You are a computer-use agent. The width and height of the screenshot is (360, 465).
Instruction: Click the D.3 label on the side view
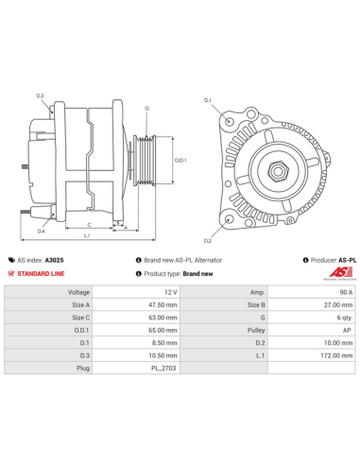click(40, 96)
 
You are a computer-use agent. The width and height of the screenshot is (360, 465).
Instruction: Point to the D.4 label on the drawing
click(41, 231)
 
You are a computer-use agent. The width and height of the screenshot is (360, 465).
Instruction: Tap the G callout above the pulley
click(146, 108)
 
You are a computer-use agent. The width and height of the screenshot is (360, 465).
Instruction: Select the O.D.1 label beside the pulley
click(180, 160)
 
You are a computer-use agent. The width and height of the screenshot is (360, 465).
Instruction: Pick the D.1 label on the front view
click(208, 99)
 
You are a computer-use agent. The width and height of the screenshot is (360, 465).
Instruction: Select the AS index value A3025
click(55, 259)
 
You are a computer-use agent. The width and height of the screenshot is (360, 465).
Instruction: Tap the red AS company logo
click(339, 273)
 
